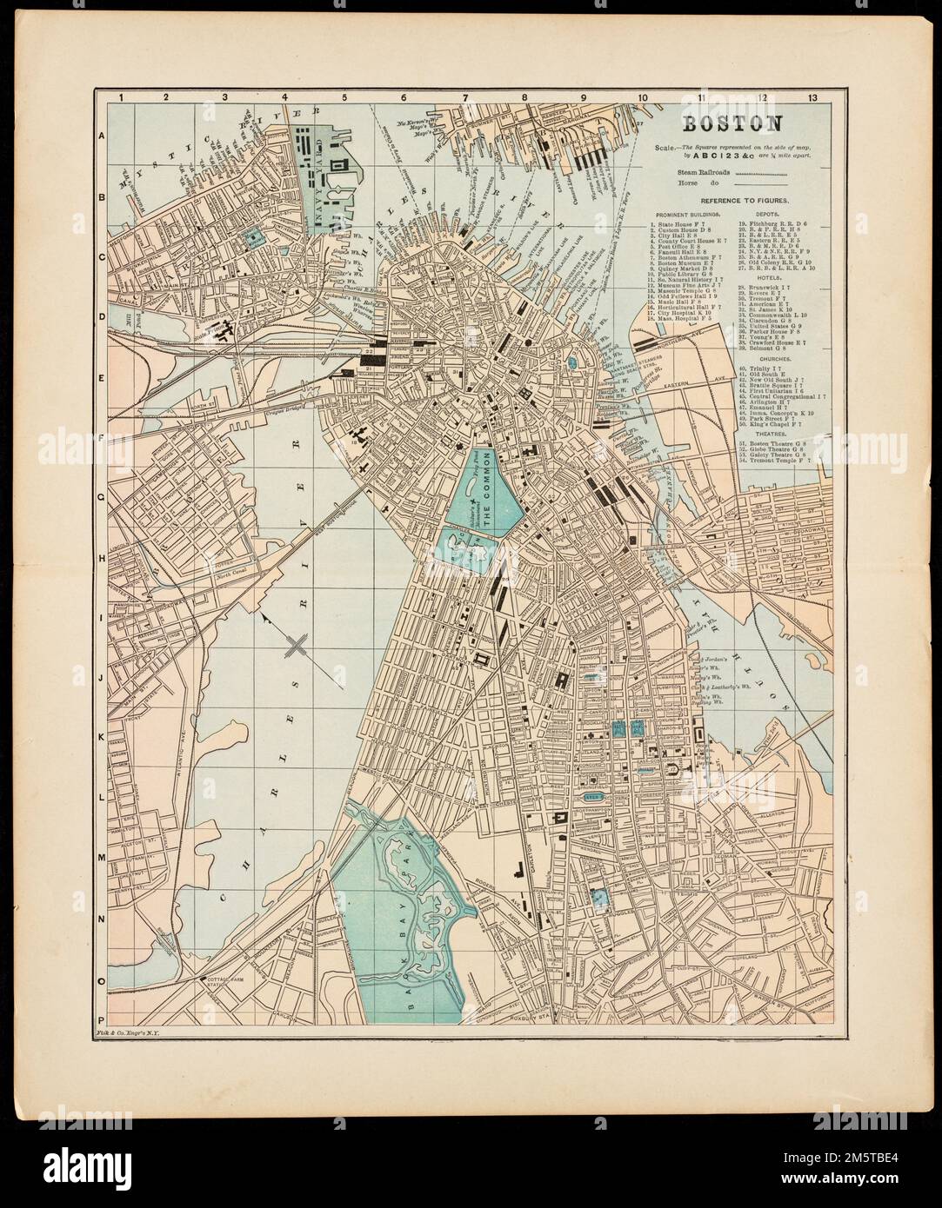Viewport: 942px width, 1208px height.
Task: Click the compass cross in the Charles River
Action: [x=297, y=644]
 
